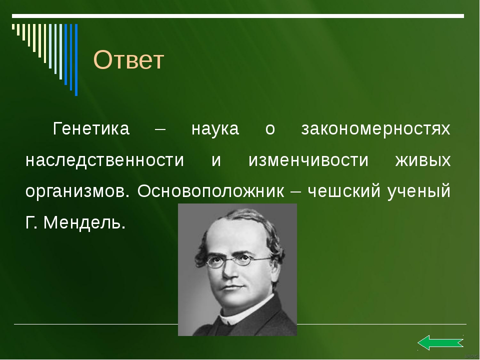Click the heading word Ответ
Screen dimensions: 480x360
point(128,59)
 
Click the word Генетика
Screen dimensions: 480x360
point(91,128)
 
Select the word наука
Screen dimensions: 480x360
point(215,128)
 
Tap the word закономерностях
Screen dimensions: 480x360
point(376,129)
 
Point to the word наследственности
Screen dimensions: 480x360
point(104,160)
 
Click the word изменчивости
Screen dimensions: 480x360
point(308,160)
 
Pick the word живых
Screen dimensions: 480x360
point(423,160)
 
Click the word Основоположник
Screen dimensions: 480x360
point(211,191)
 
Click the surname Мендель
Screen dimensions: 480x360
point(84,222)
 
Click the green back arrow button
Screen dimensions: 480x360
point(440,342)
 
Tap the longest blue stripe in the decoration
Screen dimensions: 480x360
point(76,60)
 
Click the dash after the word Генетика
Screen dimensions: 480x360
point(160,129)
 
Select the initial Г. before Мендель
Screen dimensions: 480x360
point(31,222)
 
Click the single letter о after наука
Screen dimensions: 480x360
point(270,129)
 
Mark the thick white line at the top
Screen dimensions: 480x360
point(238,16)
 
